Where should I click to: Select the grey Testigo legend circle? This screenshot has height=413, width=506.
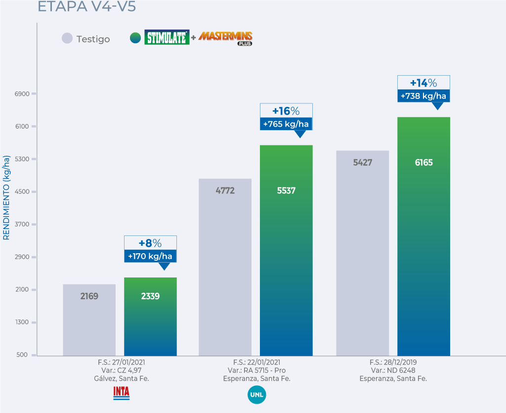67,39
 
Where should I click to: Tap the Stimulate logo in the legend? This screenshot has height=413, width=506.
167,38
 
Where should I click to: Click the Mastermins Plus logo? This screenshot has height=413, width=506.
225,38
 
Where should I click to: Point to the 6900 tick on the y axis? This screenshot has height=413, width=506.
23,94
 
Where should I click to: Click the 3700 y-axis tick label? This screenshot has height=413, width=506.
23,225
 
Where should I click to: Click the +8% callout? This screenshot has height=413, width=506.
150,243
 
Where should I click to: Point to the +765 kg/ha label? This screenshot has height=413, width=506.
286,124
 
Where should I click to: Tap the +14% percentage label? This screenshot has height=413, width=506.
423,83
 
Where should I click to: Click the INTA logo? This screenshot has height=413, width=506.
121,393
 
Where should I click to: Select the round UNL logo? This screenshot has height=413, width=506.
256,395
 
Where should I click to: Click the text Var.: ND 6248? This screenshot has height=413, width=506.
393,370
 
